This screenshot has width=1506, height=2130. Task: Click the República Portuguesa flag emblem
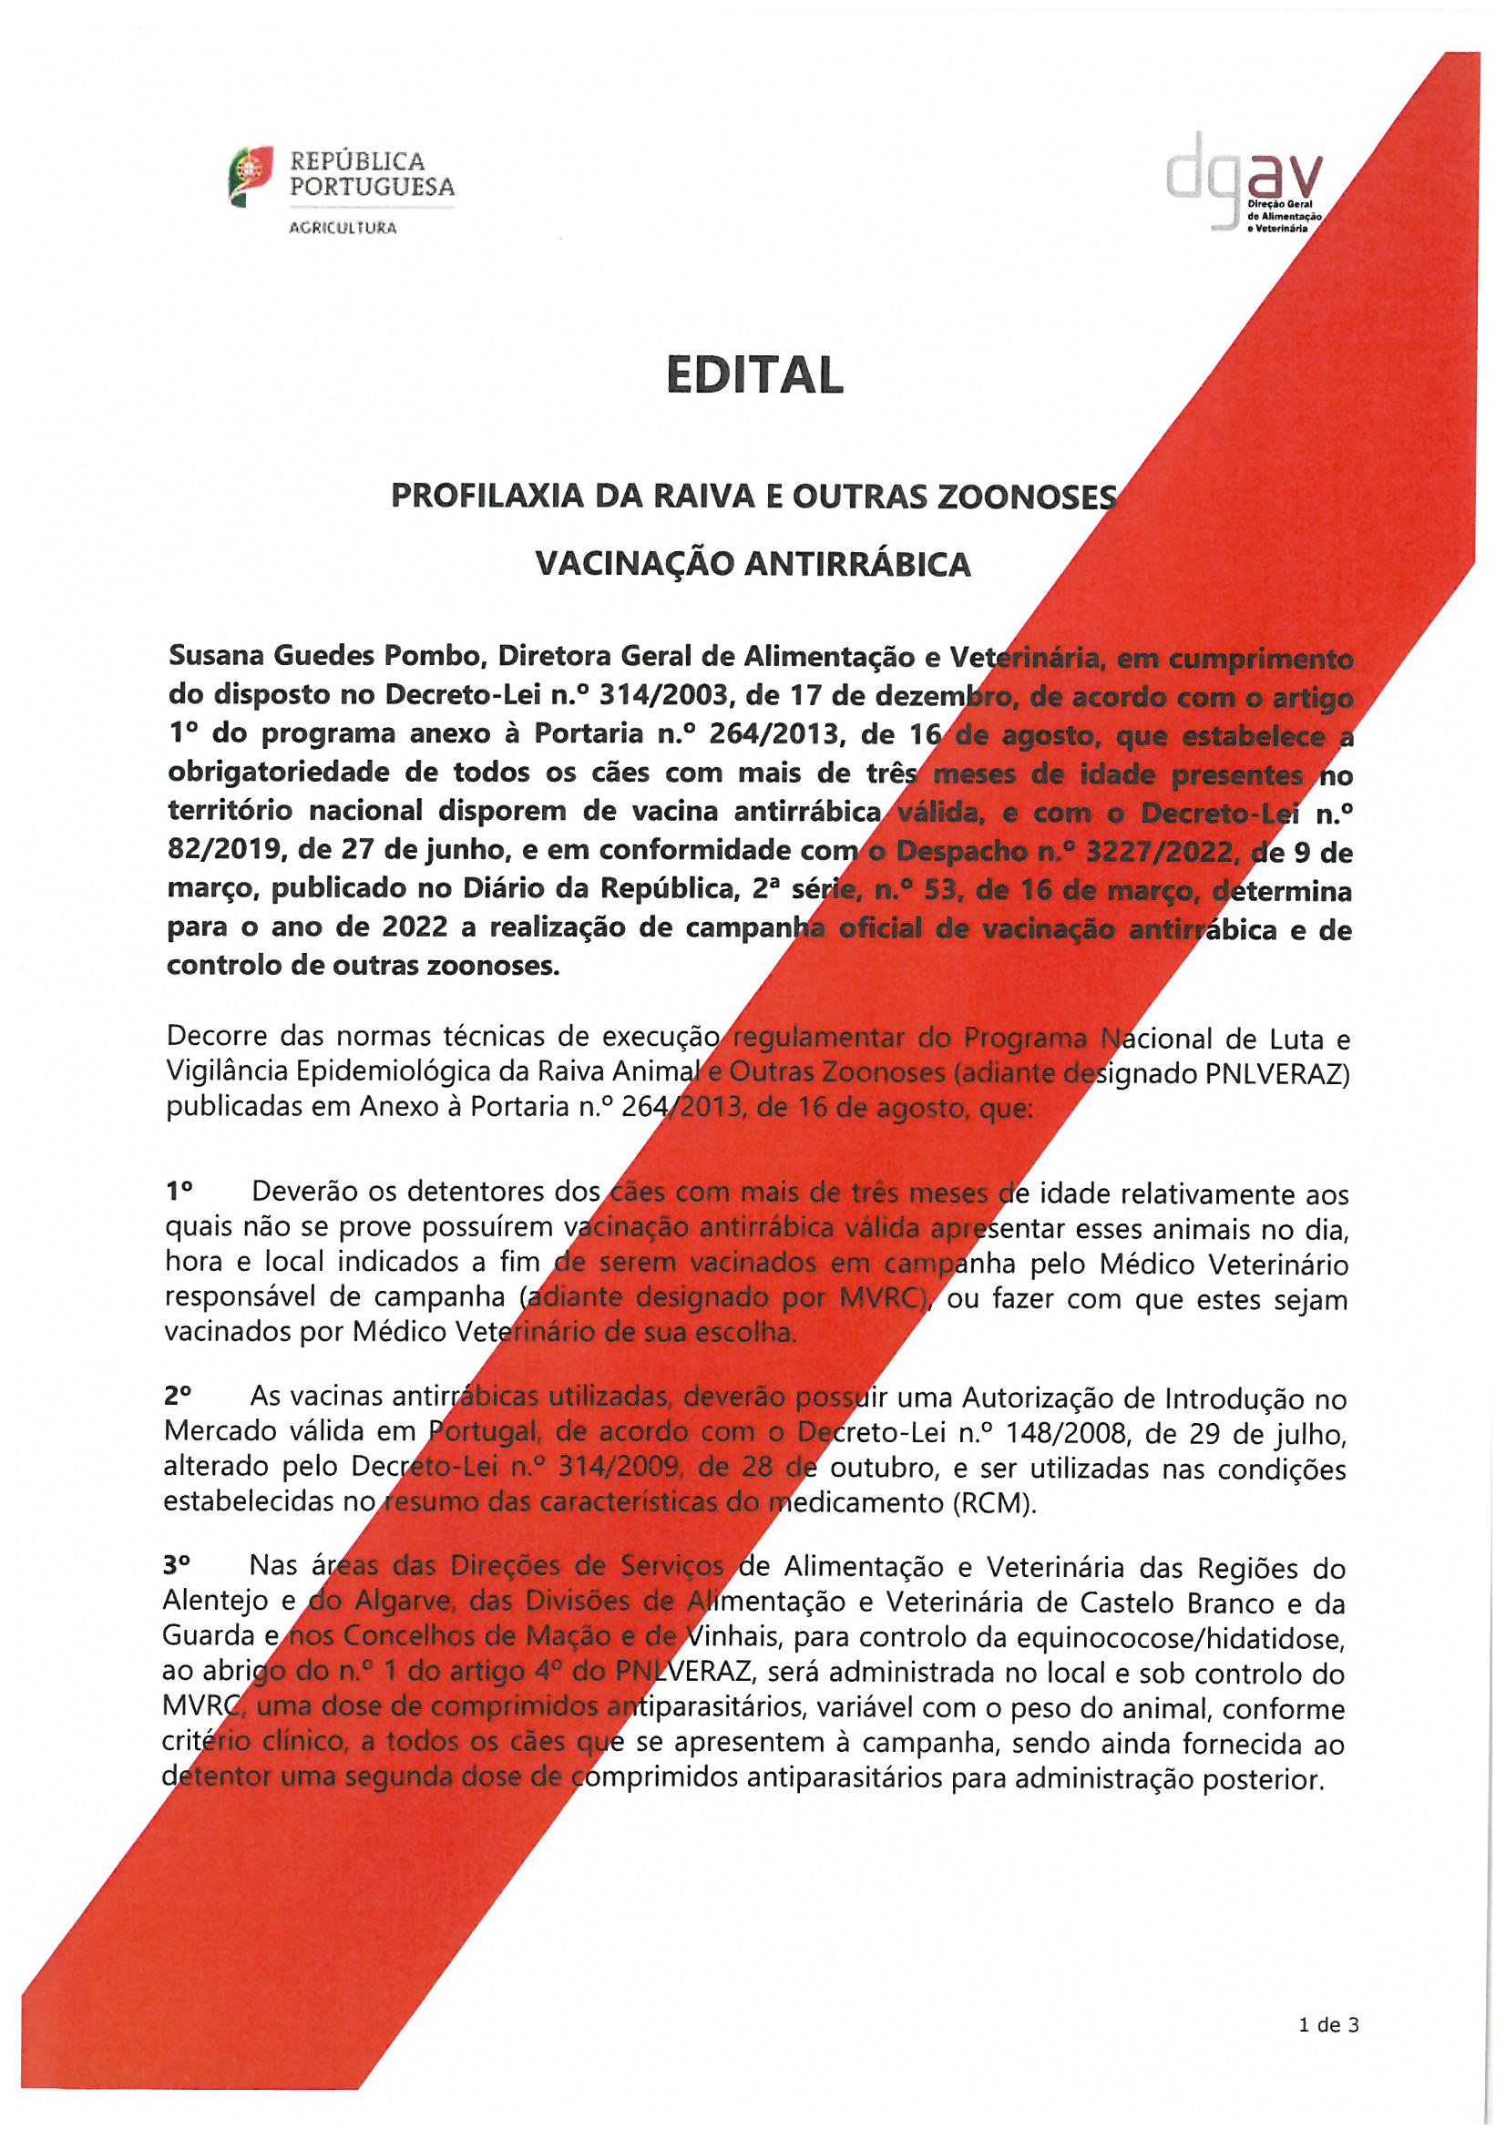tap(251, 176)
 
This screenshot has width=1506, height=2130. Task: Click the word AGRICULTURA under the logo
tap(343, 228)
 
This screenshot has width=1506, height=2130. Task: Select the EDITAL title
tap(754, 375)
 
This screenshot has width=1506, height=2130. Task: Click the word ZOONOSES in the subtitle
tap(1026, 498)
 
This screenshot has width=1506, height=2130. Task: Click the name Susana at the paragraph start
tap(215, 657)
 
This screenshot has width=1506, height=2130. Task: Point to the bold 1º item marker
tap(179, 1190)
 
